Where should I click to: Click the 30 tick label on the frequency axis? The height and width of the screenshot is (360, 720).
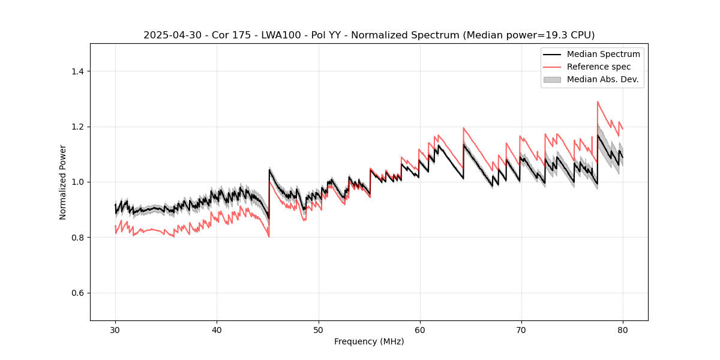115,330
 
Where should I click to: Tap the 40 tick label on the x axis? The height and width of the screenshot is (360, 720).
217,330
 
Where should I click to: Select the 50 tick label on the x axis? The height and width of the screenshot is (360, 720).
318,330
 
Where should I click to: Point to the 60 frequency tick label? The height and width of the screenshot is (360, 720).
419,330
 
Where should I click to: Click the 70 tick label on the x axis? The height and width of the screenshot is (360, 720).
521,330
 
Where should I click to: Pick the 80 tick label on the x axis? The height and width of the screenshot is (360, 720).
622,330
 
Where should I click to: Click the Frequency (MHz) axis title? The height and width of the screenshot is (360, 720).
369,342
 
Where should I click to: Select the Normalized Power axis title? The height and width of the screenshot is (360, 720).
63,182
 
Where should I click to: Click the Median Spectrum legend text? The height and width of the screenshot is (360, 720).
603,54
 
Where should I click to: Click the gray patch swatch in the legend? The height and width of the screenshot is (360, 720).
552,79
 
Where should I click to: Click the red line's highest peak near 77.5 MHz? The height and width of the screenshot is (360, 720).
598,101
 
